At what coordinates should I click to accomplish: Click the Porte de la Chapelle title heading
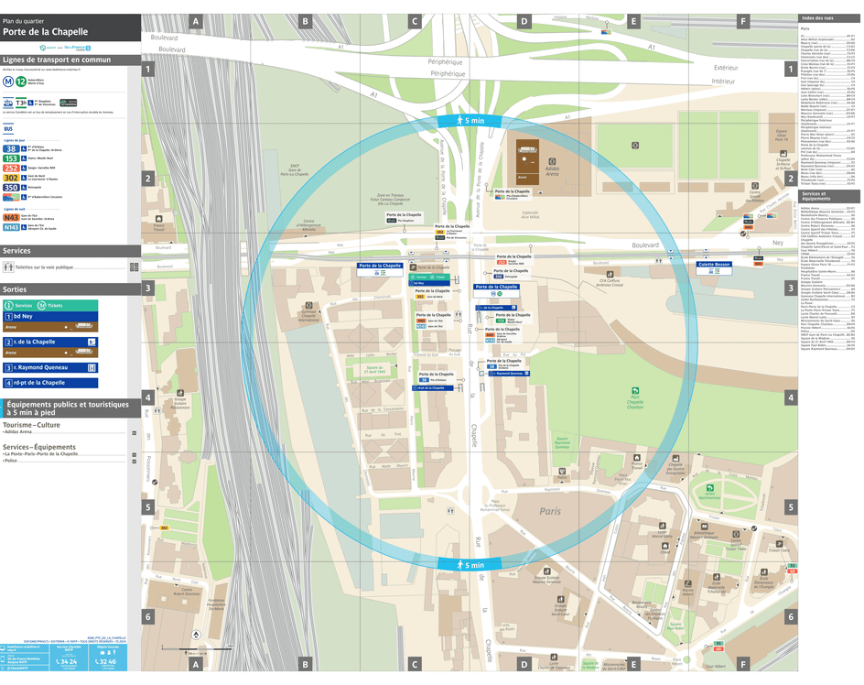(46, 31)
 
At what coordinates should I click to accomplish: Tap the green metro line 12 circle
(21, 82)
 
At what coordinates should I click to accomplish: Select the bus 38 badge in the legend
(10, 148)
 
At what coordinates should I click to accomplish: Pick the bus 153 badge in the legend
(10, 158)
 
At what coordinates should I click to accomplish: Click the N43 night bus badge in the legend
(11, 218)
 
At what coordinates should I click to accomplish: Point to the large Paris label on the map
(549, 512)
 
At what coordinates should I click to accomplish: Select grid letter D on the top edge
(524, 20)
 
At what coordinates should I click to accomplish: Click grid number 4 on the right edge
(790, 398)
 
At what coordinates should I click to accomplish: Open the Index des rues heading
(817, 18)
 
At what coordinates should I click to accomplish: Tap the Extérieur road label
(726, 68)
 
